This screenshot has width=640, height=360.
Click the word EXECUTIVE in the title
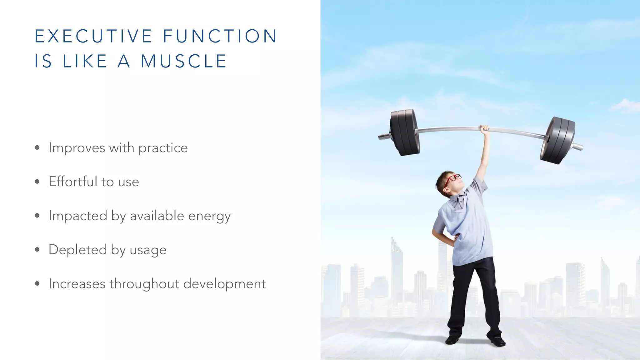tap(93, 36)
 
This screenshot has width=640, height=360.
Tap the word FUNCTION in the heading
tap(220, 36)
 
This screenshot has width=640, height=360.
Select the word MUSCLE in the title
tap(184, 61)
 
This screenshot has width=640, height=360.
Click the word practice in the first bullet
tap(163, 148)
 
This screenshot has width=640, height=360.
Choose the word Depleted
tap(78, 250)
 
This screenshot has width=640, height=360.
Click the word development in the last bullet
tap(224, 284)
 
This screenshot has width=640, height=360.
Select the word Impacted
tap(78, 216)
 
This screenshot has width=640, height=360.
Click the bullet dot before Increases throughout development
tap(37, 284)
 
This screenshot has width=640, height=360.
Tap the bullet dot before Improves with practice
tap(37, 148)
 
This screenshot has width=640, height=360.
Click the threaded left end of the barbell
tap(384, 136)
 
